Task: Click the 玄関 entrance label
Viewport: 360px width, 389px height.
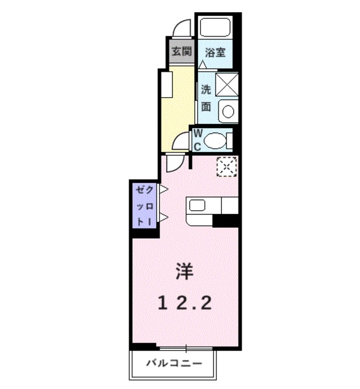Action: (x=180, y=52)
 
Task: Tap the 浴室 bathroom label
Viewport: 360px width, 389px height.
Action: (x=215, y=52)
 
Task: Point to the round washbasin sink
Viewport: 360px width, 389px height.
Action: (x=228, y=111)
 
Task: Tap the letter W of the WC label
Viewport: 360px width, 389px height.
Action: (x=197, y=134)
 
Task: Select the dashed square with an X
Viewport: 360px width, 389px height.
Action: (x=227, y=166)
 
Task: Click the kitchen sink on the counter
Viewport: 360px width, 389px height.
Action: (x=197, y=205)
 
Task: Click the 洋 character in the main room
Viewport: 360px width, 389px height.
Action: (x=185, y=272)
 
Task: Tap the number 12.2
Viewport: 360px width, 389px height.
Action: (x=185, y=302)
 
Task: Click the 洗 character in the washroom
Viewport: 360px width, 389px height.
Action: (x=206, y=89)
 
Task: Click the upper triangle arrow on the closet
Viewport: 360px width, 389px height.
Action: (x=162, y=190)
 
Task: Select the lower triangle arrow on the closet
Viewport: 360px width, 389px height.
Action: (x=162, y=217)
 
